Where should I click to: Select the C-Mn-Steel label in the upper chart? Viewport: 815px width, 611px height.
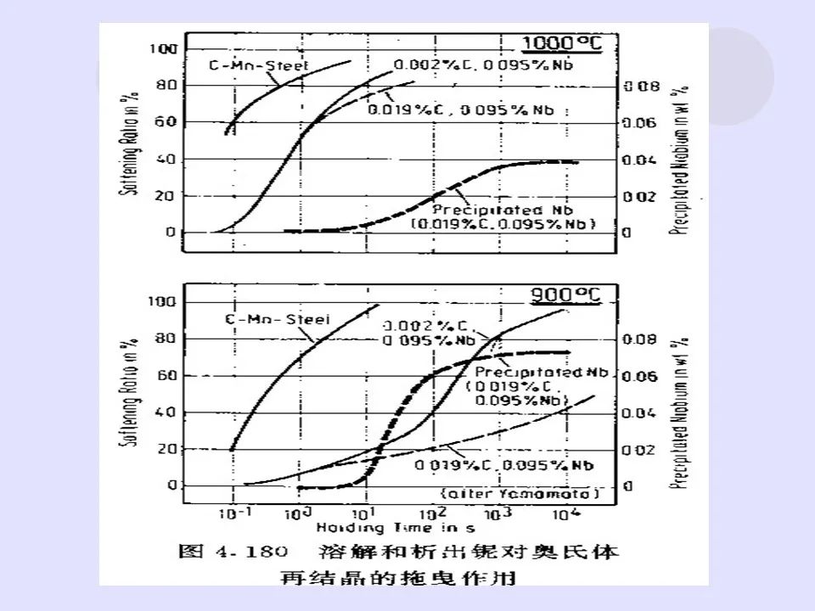tap(248, 64)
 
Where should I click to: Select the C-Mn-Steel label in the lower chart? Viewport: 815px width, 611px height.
tap(277, 320)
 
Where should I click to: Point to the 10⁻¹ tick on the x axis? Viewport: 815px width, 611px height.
tap(232, 513)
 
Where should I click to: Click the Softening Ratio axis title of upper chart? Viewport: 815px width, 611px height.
tap(132, 140)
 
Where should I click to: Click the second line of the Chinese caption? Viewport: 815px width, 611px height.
tap(402, 579)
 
